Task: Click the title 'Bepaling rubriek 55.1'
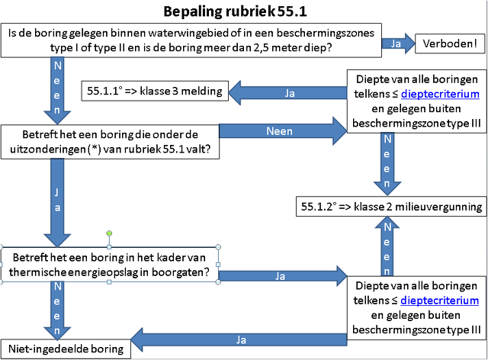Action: tap(236, 11)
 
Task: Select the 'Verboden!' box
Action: tap(450, 43)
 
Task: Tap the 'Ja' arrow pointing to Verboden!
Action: tap(398, 43)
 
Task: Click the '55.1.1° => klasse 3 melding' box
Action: tap(155, 91)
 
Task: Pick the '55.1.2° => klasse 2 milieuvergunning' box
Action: tap(391, 207)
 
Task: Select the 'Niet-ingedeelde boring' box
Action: tap(66, 349)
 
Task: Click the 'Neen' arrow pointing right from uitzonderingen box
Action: tap(283, 131)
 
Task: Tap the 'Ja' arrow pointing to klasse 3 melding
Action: tap(287, 93)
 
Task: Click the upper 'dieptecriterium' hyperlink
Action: tap(440, 94)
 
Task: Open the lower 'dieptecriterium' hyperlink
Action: tap(439, 301)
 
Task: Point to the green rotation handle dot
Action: tap(109, 233)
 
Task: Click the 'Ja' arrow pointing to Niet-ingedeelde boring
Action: tap(239, 339)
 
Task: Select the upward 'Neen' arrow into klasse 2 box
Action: tap(387, 246)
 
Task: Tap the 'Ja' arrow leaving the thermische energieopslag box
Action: tap(283, 276)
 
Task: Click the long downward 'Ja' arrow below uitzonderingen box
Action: tap(57, 203)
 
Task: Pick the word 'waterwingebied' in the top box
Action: tap(192, 33)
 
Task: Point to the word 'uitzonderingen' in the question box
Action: tap(47, 149)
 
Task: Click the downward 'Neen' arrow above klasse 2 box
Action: tap(387, 164)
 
